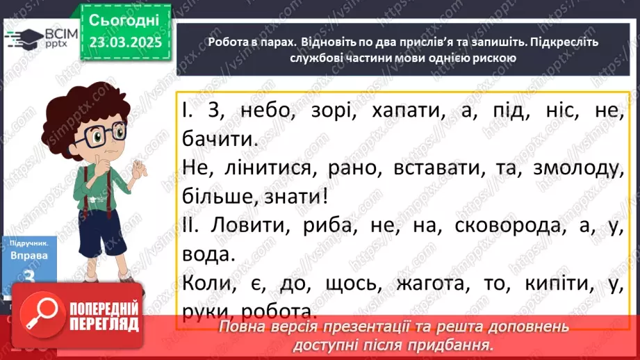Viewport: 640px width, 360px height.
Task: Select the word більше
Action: coord(216,197)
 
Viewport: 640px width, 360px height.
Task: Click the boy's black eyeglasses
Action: coord(98,131)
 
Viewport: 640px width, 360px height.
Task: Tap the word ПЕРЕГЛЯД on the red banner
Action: coord(105,325)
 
